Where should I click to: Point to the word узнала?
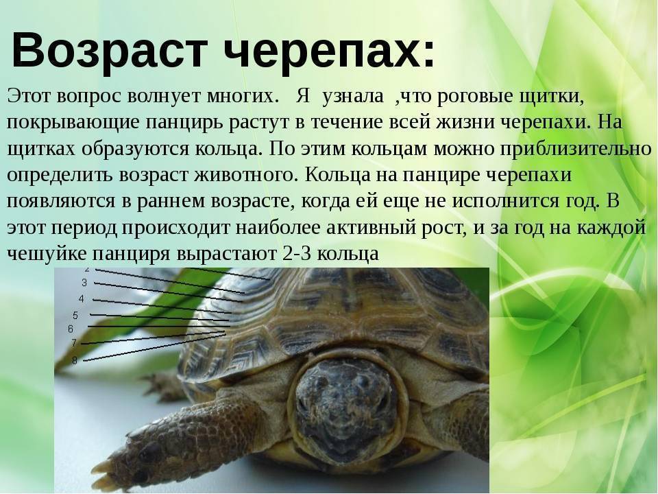click(353, 97)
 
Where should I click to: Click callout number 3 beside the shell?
click(84, 283)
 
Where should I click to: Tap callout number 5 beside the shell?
click(75, 315)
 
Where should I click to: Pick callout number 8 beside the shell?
click(75, 360)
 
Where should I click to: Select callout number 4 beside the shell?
click(81, 298)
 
